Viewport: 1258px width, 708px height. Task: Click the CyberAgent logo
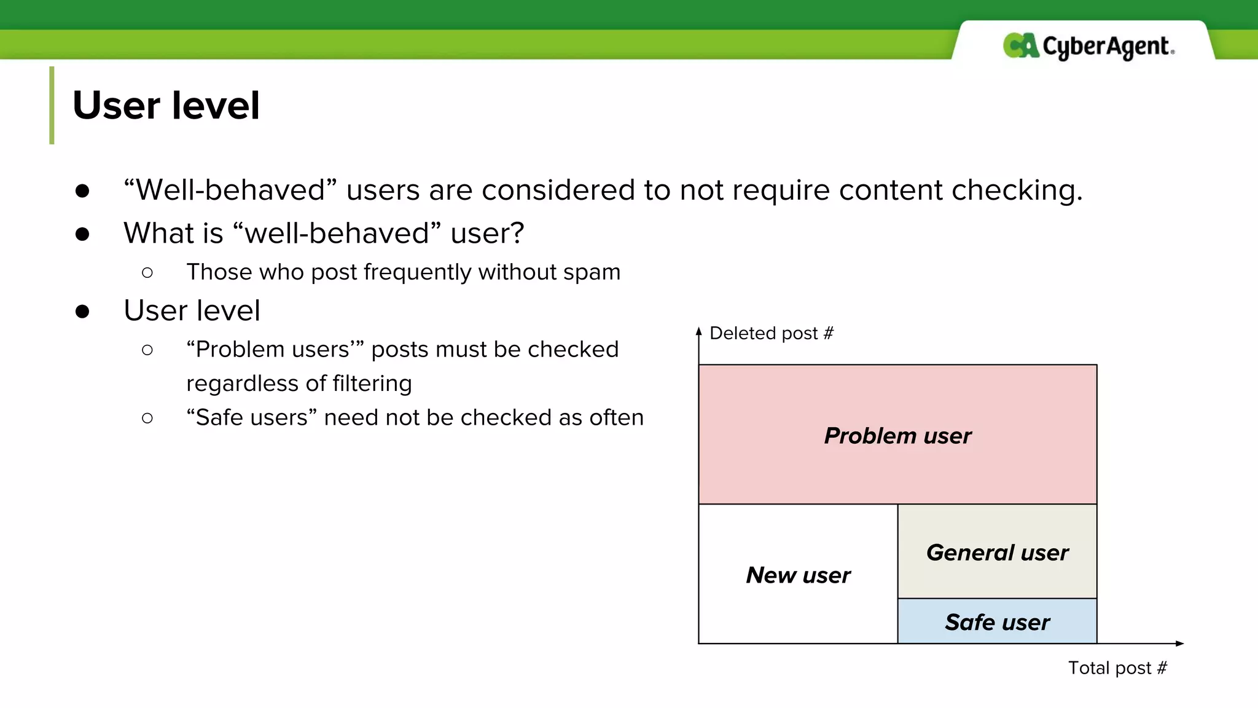1088,46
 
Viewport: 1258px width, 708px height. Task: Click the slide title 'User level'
166,105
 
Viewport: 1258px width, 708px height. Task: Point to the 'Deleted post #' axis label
771,333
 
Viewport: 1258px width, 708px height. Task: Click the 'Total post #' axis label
1117,667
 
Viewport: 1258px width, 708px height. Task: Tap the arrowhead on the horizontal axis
1179,643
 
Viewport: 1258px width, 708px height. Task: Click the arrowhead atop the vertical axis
698,331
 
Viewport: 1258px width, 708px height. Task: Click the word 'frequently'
417,272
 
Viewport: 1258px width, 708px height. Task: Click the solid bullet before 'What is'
82,234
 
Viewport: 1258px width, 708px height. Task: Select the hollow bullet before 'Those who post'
147,272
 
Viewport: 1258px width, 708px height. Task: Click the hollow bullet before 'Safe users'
147,418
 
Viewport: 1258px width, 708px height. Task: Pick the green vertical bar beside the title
52,105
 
